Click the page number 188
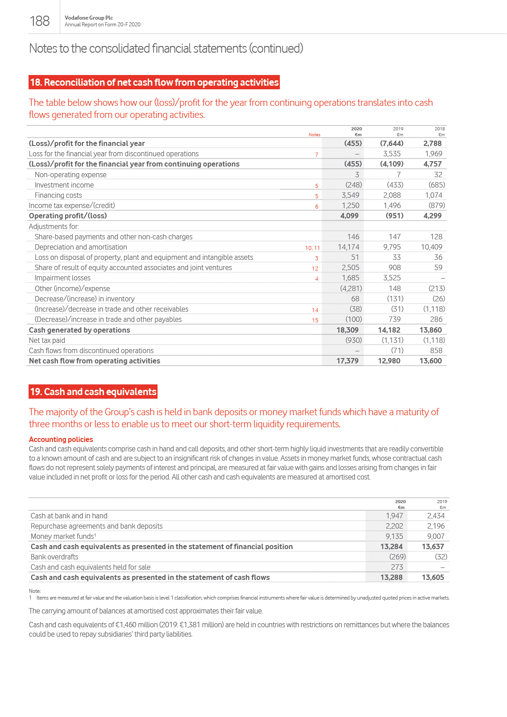tap(40, 21)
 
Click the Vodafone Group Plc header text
tap(89, 18)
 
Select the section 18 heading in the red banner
tap(154, 83)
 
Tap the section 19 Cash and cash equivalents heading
tap(93, 392)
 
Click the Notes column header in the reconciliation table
tap(314, 135)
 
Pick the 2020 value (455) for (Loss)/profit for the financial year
tap(353, 143)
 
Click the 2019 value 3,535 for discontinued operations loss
tap(392, 154)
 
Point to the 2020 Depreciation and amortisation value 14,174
tap(349, 247)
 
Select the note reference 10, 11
tap(312, 248)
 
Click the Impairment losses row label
tap(62, 278)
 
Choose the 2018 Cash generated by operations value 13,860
tap(431, 330)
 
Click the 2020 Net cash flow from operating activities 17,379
tap(347, 361)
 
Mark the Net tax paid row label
tap(47, 340)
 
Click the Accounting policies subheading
tap(61, 439)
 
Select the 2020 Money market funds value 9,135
tap(394, 536)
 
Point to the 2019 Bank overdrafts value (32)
tap(441, 557)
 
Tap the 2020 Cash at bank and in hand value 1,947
tap(394, 516)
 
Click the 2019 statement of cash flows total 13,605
tap(433, 577)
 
